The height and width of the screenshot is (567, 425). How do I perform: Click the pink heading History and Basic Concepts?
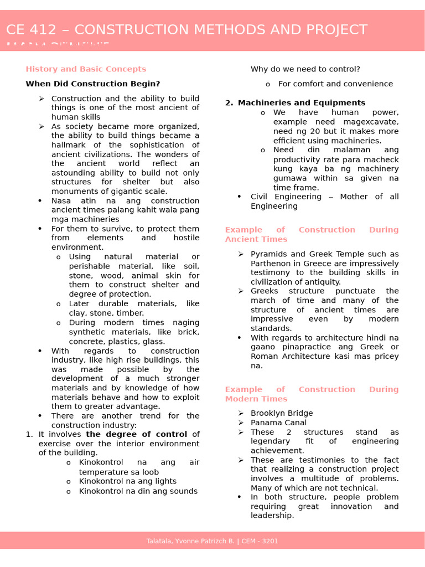point(86,69)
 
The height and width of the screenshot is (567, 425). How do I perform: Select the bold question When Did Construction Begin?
point(92,84)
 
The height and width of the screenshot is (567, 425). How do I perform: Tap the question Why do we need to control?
point(305,69)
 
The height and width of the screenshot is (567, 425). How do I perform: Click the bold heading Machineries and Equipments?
point(302,103)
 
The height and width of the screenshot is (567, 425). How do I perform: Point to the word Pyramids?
point(269,254)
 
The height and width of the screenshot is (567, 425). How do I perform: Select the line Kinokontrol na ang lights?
point(128,482)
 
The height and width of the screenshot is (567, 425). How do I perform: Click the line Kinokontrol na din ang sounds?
point(138,492)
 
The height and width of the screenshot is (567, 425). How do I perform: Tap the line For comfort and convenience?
point(335,84)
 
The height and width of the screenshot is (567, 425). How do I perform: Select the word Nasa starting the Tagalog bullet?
point(61,201)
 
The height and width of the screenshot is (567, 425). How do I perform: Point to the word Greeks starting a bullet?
point(265,291)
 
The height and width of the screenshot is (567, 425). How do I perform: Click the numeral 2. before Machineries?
point(229,103)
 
